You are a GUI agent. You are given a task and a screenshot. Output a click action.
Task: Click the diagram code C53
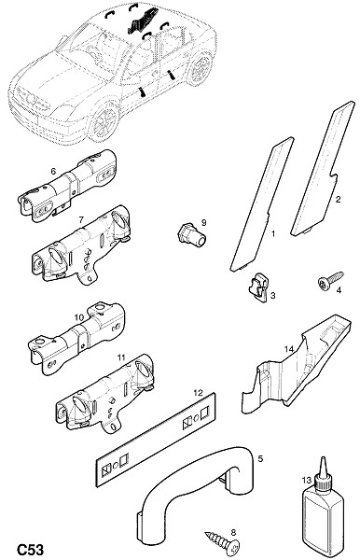31,550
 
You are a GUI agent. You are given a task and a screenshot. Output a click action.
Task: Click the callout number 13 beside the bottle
307,480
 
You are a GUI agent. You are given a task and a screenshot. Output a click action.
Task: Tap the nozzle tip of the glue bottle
324,458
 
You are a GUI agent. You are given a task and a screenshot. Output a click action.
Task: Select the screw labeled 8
222,541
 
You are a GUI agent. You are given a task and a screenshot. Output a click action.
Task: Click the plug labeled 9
192,234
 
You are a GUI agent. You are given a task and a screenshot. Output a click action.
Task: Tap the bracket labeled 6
67,187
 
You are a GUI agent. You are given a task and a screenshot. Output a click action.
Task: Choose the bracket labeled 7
80,245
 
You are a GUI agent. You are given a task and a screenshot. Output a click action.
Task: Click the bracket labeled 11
104,394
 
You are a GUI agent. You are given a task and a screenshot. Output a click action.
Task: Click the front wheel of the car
104,121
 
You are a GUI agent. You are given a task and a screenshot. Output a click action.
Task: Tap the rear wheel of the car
200,68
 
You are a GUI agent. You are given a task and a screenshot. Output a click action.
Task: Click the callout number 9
203,223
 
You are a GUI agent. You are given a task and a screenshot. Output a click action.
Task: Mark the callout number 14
289,348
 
